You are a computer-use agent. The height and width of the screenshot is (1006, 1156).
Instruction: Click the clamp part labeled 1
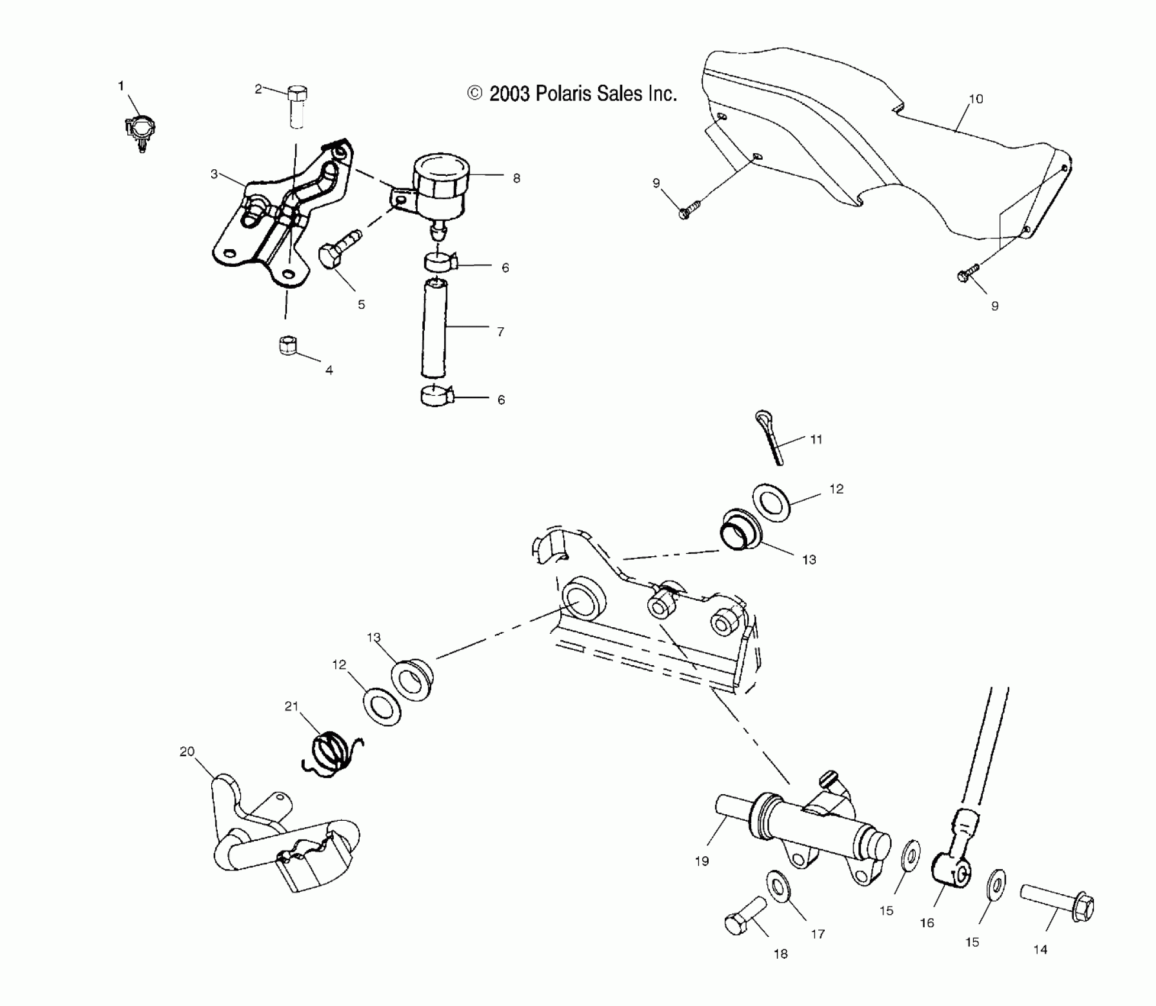point(141,131)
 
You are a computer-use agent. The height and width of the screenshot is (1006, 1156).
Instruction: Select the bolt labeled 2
point(297,107)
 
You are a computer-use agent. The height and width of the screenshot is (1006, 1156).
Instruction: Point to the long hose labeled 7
point(435,328)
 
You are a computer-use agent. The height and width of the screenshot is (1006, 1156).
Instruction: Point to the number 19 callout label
point(702,861)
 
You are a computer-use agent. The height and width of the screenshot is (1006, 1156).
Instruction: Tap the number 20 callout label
point(187,752)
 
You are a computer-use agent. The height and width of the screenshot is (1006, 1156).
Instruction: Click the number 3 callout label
point(214,174)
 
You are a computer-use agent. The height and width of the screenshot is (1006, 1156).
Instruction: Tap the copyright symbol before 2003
point(474,93)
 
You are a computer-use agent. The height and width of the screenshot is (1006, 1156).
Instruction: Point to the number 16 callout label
point(926,923)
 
